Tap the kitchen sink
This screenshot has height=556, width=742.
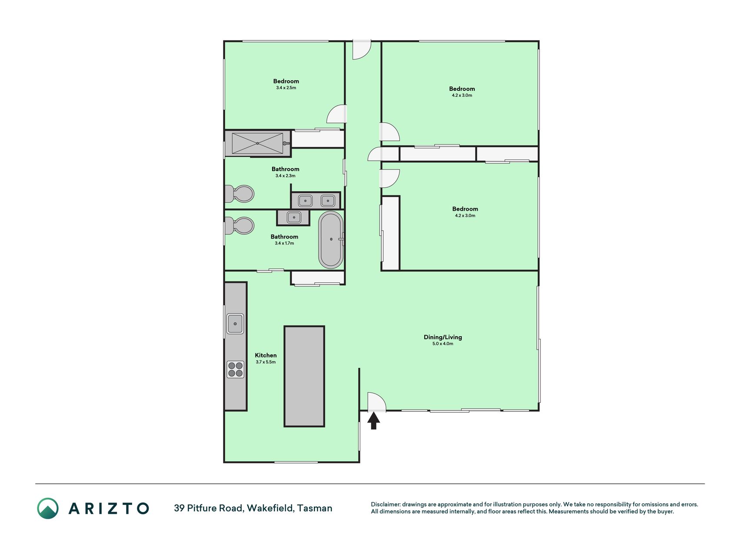click(235, 324)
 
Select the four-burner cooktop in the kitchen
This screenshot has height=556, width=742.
click(235, 369)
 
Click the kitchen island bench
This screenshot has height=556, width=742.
click(304, 376)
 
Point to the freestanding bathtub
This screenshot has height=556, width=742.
click(331, 240)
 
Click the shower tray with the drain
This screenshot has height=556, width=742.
click(257, 143)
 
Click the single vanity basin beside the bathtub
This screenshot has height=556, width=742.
click(294, 217)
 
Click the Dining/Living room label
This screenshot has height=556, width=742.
click(443, 337)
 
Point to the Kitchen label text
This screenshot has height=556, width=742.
click(266, 355)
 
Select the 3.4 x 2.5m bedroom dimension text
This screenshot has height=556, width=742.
click(286, 88)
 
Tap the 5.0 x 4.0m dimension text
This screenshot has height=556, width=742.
click(443, 344)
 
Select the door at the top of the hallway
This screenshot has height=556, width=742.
click(362, 50)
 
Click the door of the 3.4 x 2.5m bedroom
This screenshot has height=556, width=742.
click(337, 114)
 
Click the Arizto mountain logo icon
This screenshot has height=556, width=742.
click(47, 508)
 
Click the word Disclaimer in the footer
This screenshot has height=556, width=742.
click(385, 504)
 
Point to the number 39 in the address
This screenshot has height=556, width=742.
click(179, 508)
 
